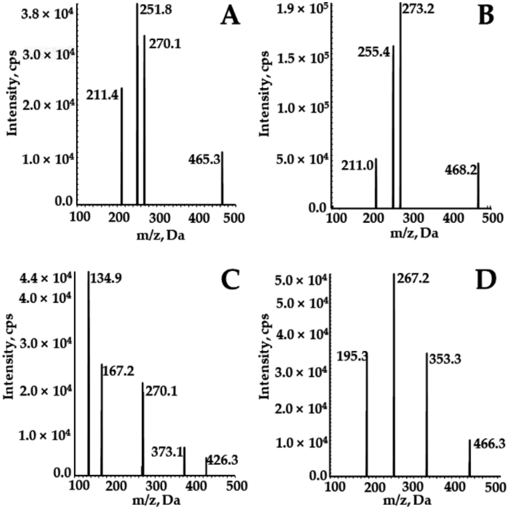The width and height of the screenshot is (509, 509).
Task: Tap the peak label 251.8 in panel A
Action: [x=156, y=10]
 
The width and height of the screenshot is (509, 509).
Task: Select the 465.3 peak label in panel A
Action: [x=204, y=160]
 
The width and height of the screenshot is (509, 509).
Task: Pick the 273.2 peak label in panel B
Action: [x=418, y=9]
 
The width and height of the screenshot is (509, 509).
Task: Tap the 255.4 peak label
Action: [x=374, y=52]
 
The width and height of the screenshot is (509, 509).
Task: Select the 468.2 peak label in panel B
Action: [x=461, y=170]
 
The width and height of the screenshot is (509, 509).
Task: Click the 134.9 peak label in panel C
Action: [x=106, y=279]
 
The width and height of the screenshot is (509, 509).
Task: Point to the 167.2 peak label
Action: [x=118, y=371]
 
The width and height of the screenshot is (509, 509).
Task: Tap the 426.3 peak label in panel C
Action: [x=222, y=460]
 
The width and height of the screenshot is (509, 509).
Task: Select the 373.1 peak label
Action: [x=167, y=452]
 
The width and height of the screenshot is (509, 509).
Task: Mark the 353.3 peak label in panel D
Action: [x=445, y=359]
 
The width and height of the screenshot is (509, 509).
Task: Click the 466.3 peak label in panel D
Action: [x=489, y=444]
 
